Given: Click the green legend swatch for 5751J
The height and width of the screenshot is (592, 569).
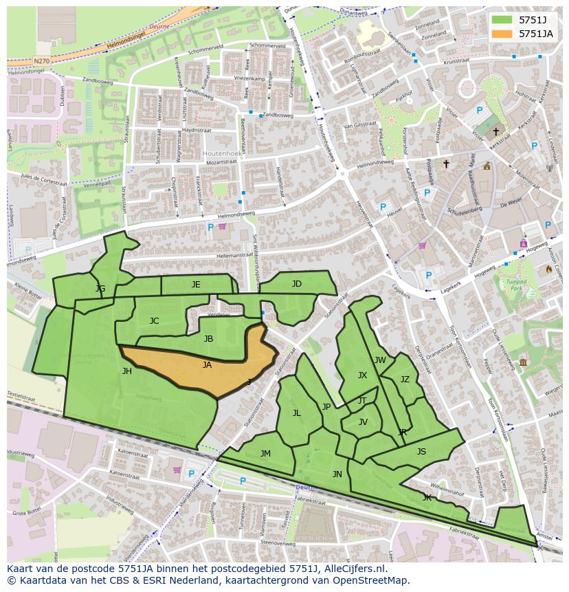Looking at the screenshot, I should click(x=502, y=19).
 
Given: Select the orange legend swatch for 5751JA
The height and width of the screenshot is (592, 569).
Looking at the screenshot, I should click(x=502, y=33).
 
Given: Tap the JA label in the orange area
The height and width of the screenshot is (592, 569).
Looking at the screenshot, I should click(x=207, y=365).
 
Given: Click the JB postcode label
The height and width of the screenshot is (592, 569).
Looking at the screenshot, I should click(x=208, y=339).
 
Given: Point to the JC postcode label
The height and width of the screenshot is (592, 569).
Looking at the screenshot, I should click(x=154, y=321).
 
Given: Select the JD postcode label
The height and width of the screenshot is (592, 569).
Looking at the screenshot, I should click(x=296, y=284).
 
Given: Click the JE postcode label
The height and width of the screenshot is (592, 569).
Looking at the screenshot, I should click(x=196, y=285).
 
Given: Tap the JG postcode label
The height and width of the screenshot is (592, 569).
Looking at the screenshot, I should click(x=100, y=289).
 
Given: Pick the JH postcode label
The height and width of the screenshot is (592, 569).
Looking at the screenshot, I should click(x=126, y=371).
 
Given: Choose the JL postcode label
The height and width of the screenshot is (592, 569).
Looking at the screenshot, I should click(x=297, y=413).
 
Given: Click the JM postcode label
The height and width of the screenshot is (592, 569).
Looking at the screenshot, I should click(x=265, y=454).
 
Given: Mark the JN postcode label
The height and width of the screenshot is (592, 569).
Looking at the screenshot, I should click(x=337, y=474).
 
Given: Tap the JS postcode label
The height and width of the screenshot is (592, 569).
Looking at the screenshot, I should click(x=421, y=452).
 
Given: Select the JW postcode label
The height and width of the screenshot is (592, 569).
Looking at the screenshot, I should click(x=380, y=360).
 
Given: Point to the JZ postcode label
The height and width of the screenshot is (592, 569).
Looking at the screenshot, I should click(x=405, y=380).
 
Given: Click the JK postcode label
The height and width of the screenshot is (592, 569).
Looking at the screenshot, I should click(x=427, y=497).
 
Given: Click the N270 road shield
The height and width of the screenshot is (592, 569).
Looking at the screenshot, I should click(x=41, y=61).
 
